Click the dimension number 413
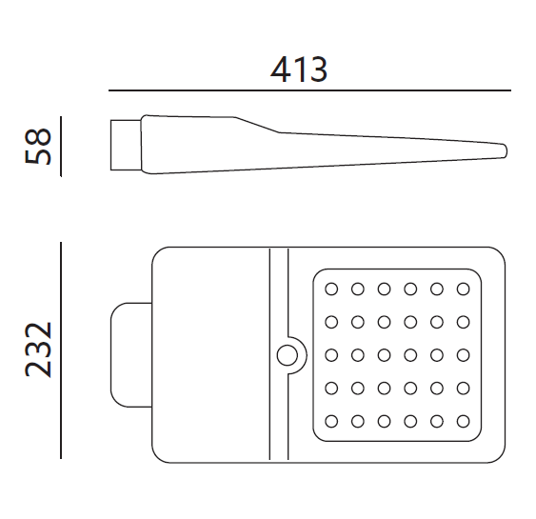pyautogui.click(x=299, y=70)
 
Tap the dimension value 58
pyautogui.click(x=38, y=146)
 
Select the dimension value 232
pyautogui.click(x=38, y=349)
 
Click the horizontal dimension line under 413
pyautogui.click(x=309, y=90)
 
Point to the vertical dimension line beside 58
pyautogui.click(x=61, y=147)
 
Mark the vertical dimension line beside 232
pyautogui.click(x=61, y=350)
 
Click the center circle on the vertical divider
pyautogui.click(x=287, y=355)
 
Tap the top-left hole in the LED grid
pyautogui.click(x=331, y=289)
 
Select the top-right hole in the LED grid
pyautogui.click(x=464, y=289)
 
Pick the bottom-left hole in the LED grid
pyautogui.click(x=331, y=421)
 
